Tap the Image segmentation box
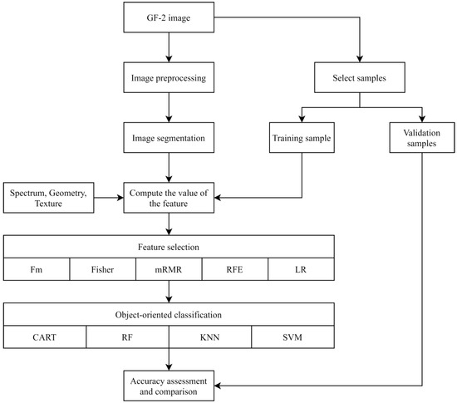pos(170,136)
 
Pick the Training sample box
pos(300,136)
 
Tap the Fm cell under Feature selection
pos(36,270)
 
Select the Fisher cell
pos(101,270)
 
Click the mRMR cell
pos(169,270)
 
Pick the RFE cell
pos(235,270)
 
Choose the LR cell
pos(302,270)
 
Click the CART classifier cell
pos(44,339)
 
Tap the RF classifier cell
pos(127,339)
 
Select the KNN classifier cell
pos(210,339)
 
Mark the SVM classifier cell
pos(293,339)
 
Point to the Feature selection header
pos(170,247)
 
